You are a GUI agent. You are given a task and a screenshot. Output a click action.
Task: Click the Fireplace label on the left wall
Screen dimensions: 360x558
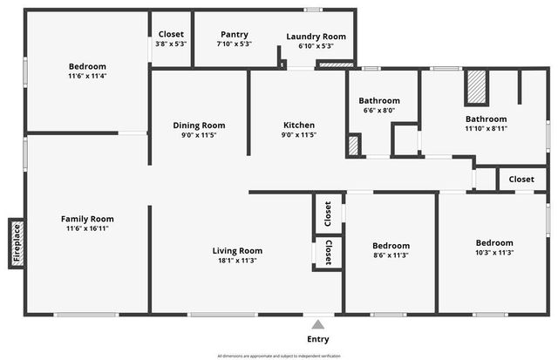[16, 243]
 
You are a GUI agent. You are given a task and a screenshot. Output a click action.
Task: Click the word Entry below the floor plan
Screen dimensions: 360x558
[318, 339]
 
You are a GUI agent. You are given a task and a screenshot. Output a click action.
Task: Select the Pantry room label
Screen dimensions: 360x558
[233, 35]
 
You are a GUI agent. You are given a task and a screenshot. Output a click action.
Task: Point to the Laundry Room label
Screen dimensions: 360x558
[316, 37]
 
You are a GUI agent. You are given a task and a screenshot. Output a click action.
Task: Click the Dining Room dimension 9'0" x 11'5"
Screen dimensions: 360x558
[199, 135]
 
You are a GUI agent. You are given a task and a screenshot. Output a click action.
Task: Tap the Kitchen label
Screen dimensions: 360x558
[298, 126]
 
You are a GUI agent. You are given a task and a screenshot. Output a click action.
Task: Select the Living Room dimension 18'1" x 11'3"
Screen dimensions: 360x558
[235, 260]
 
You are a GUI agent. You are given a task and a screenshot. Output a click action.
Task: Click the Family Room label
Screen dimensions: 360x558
[87, 219]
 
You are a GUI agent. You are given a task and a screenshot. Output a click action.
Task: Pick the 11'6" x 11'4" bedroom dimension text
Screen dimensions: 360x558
[87, 76]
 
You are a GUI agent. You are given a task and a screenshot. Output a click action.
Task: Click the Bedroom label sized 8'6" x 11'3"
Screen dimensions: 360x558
[391, 246]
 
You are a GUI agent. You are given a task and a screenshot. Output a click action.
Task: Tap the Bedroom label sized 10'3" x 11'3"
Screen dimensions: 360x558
[493, 242]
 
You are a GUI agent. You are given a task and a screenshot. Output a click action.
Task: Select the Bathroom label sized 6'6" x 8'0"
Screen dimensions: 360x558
[379, 100]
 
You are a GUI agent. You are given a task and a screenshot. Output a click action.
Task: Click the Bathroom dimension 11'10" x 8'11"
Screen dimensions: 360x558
[486, 128]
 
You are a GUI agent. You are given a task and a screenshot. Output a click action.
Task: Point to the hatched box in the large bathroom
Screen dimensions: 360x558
[475, 87]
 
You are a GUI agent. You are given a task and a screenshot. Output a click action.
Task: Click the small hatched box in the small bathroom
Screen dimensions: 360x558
[353, 146]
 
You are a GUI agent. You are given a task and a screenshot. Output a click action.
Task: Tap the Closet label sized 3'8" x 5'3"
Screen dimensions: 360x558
[171, 34]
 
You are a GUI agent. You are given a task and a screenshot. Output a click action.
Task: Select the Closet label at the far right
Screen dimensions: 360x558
[521, 179]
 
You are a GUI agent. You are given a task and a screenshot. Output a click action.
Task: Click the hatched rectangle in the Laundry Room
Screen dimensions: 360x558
[335, 64]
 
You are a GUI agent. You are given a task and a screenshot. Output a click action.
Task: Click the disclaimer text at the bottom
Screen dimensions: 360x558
[279, 356]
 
